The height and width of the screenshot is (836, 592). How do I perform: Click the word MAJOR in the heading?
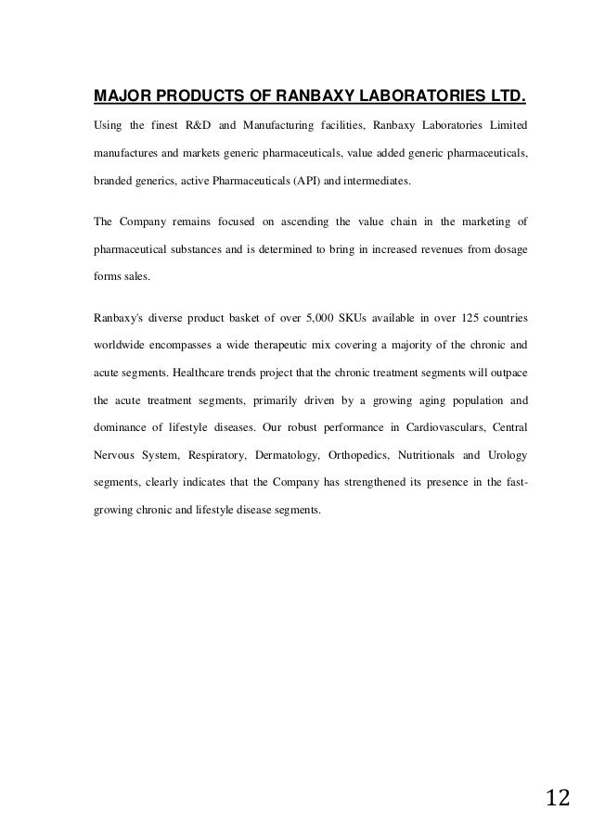[116, 95]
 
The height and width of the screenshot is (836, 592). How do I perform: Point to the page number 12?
[558, 799]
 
